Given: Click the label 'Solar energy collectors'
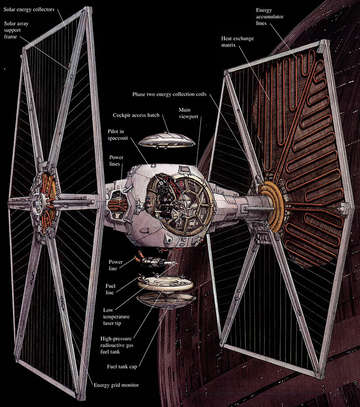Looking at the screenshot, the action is (x=29, y=10).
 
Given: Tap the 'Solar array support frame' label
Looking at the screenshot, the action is (x=16, y=30).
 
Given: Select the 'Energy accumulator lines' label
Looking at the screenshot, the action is (x=270, y=17).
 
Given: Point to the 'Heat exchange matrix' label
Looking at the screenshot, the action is (x=237, y=41).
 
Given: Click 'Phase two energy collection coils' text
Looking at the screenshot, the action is (x=169, y=94).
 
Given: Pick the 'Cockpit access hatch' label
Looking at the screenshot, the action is (x=136, y=115).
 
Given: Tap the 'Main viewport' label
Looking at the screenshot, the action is (x=189, y=113).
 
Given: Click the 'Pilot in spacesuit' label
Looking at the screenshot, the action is (x=118, y=135).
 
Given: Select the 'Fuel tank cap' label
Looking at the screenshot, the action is (x=122, y=366).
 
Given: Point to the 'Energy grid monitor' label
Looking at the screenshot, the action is (x=116, y=385).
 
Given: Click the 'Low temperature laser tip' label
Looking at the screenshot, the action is (x=116, y=317).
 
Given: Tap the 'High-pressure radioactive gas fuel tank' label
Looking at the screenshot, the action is (x=117, y=345).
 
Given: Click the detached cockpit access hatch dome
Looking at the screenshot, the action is (x=167, y=141).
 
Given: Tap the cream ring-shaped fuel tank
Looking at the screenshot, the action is (x=165, y=283).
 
